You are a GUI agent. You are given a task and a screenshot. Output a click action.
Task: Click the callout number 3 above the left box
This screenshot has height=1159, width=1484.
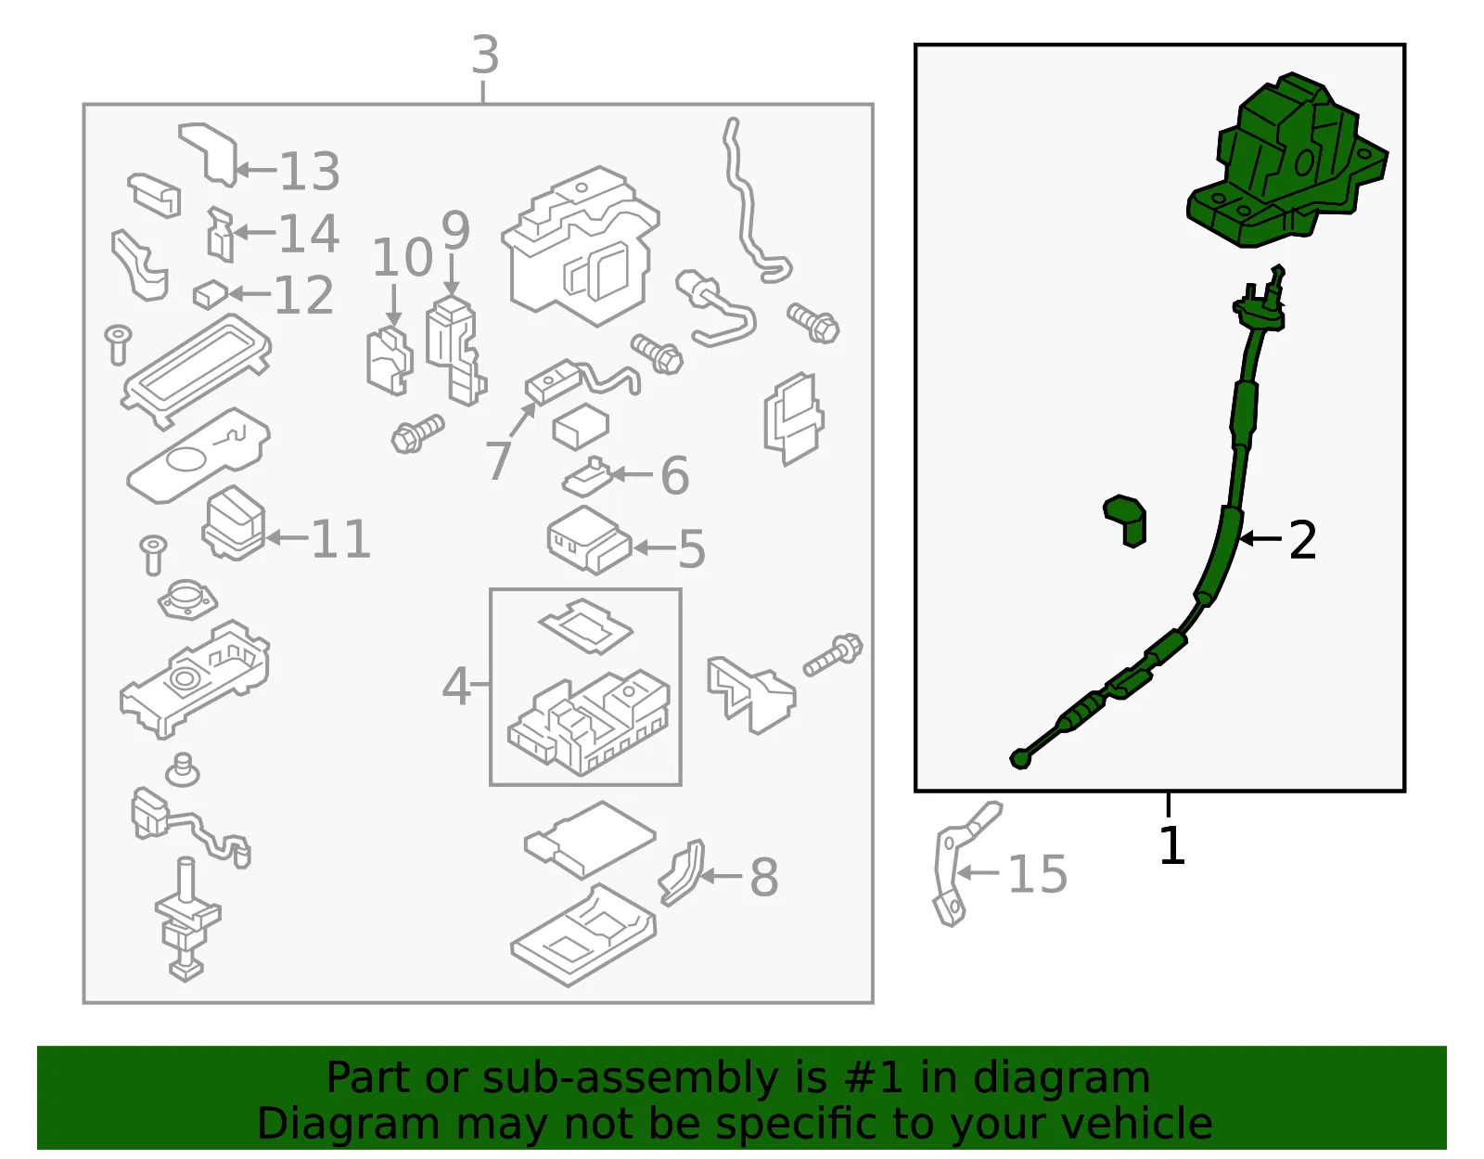[485, 56]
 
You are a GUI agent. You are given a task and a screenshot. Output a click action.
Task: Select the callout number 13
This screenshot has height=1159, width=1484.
[310, 172]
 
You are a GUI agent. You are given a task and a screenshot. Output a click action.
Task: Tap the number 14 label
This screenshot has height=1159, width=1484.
[309, 234]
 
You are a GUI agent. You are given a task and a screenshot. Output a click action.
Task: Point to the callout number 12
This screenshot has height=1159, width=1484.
[304, 295]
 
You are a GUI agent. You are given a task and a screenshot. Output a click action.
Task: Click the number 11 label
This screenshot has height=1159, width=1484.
[340, 539]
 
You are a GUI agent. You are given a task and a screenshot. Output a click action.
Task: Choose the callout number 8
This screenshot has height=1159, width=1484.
[764, 877]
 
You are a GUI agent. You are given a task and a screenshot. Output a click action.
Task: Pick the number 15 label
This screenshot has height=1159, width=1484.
[1037, 874]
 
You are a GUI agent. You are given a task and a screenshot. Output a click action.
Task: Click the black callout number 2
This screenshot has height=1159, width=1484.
[1302, 540]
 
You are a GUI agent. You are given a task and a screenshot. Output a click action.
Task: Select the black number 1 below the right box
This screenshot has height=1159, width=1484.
[1172, 845]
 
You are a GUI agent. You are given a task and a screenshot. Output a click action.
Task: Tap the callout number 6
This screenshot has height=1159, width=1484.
[674, 475]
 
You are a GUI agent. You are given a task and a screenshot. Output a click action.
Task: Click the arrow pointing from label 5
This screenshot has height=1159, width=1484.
[655, 547]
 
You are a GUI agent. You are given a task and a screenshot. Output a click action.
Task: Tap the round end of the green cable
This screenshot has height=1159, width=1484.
[1020, 759]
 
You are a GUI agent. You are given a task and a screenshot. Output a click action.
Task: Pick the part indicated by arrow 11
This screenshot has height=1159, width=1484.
[234, 522]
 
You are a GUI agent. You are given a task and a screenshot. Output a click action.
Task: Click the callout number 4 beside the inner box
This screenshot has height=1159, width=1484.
[455, 686]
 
